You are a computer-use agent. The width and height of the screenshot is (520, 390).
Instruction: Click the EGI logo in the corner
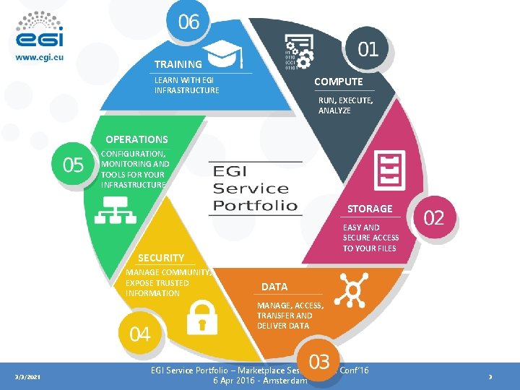(39, 30)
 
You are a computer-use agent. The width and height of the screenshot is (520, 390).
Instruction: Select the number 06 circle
(188, 22)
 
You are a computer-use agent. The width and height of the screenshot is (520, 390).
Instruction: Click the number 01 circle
(368, 49)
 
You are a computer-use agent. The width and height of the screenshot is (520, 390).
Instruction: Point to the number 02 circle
(433, 217)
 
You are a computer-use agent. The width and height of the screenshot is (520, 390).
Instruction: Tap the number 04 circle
(140, 334)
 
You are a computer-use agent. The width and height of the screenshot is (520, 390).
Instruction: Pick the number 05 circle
(73, 165)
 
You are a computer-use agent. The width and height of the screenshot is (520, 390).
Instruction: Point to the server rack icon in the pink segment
(389, 170)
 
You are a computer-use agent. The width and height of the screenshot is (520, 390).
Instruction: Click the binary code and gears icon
(298, 51)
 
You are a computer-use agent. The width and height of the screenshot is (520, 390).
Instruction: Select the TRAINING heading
(178, 64)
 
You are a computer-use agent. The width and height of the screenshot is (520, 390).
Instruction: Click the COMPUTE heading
(338, 82)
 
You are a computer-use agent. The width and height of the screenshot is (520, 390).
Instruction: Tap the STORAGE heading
(370, 209)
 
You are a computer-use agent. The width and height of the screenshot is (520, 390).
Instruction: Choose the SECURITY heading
(161, 258)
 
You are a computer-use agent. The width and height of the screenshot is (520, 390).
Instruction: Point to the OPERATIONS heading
(136, 139)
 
